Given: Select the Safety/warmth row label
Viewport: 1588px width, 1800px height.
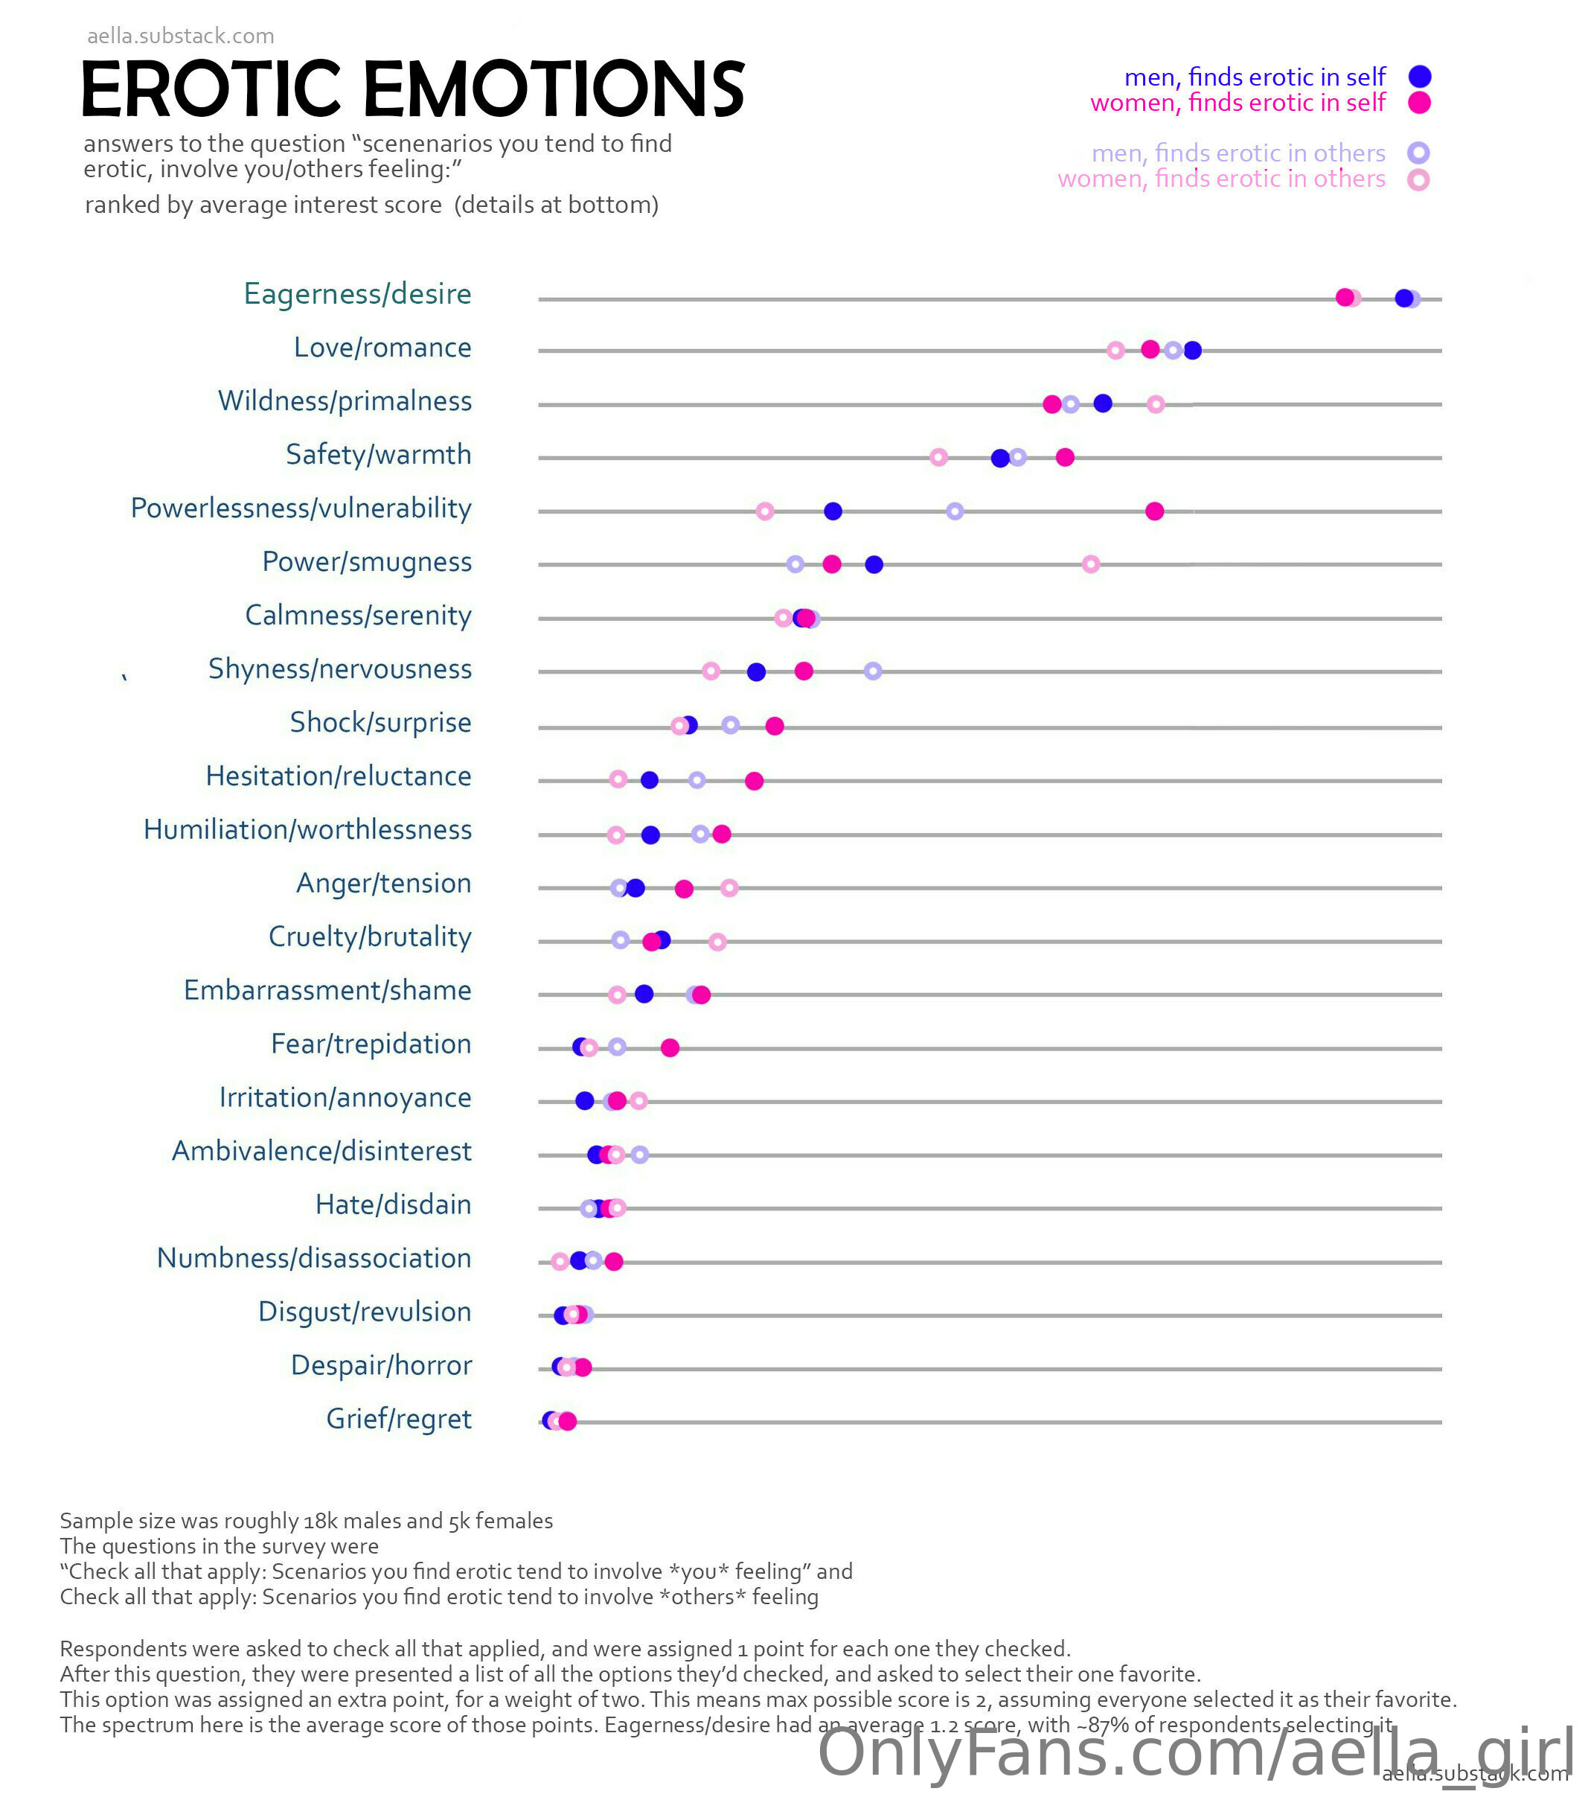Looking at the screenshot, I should pyautogui.click(x=379, y=454).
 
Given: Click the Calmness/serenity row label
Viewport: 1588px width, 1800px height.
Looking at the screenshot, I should pyautogui.click(x=357, y=616).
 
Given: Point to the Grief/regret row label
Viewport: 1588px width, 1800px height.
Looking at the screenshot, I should pyautogui.click(x=399, y=1419).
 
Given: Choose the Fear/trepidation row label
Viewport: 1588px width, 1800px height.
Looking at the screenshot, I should pyautogui.click(x=371, y=1044).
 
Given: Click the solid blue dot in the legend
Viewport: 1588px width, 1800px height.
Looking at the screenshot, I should pyautogui.click(x=1419, y=77).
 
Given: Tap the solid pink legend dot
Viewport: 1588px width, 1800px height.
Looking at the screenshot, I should pyautogui.click(x=1419, y=103).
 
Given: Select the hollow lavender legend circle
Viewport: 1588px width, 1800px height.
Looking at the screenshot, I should pyautogui.click(x=1418, y=153).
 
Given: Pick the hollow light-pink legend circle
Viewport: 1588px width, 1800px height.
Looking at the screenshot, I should pyautogui.click(x=1418, y=179).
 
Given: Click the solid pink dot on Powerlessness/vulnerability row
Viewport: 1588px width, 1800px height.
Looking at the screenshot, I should pyautogui.click(x=1155, y=511).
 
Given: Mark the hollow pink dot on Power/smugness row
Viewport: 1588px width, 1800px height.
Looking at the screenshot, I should pyautogui.click(x=1091, y=564).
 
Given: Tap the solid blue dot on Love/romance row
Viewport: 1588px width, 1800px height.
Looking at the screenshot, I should pyautogui.click(x=1193, y=351).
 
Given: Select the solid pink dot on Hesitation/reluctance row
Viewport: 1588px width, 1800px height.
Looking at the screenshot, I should pyautogui.click(x=755, y=781).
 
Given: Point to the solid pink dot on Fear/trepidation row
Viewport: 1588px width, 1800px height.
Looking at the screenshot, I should pyautogui.click(x=670, y=1048).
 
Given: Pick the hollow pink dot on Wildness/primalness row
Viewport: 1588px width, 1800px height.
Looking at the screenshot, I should pyautogui.click(x=1156, y=404).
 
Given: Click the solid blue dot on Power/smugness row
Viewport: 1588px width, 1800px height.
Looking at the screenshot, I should pyautogui.click(x=874, y=564).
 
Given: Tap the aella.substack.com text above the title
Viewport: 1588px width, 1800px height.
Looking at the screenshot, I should pyautogui.click(x=180, y=36).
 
